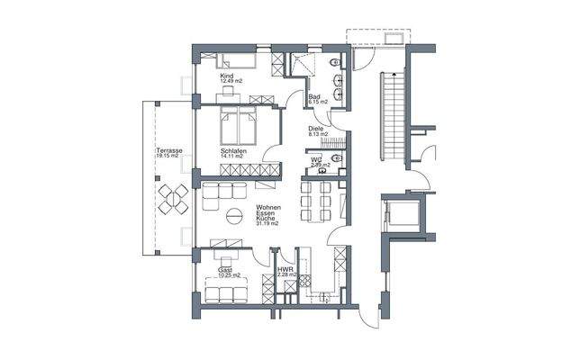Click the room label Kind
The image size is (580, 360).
(x=226, y=76)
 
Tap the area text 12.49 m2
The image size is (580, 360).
(x=231, y=81)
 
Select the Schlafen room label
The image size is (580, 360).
(x=232, y=150)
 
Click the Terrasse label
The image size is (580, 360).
(x=167, y=150)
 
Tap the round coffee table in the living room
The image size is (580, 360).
(x=234, y=216)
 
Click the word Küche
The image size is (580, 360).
(x=265, y=219)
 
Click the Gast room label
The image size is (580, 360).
(x=225, y=269)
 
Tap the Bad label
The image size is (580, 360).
(x=315, y=96)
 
